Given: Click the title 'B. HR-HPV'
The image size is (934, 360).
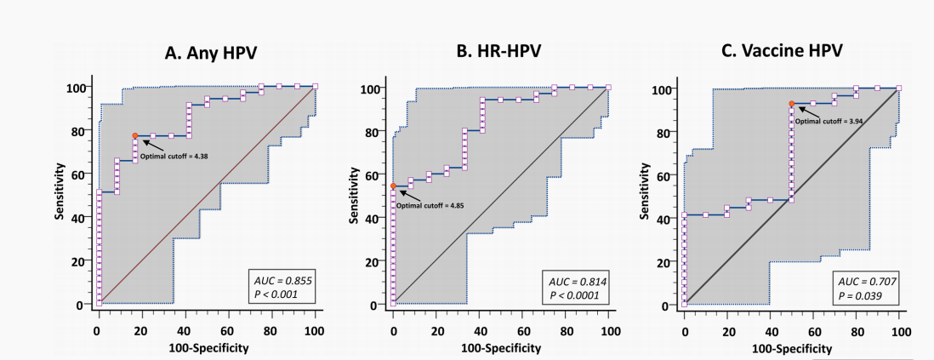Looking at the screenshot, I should [498, 52].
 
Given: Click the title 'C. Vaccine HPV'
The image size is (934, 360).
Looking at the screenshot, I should [782, 51].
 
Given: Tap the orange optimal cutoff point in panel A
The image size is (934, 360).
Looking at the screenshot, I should [134, 136].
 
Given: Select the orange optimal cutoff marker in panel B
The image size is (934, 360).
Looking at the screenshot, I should [393, 186].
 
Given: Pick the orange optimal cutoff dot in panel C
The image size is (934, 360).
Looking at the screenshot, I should [792, 104].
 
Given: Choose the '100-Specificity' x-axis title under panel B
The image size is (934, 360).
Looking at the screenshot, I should [502, 347].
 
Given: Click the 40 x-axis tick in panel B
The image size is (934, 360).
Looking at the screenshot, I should [480, 328].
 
